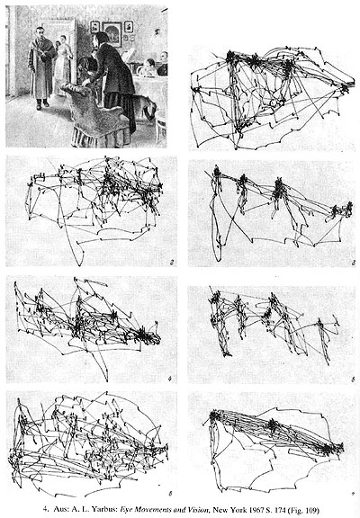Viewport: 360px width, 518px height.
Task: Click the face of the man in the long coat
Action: [40, 33]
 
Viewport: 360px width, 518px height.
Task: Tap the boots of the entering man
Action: [42, 103]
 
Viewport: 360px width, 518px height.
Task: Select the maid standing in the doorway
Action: [62, 62]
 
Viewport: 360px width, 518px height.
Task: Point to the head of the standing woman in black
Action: [102, 39]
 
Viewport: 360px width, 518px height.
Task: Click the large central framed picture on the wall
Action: [112, 33]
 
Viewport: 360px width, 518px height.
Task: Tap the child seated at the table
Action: [149, 67]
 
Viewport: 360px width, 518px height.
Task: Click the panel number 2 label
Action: [172, 263]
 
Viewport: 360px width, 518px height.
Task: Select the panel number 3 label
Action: [354, 263]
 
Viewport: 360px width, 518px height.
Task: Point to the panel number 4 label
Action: [169, 379]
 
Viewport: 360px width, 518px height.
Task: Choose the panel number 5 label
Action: [353, 380]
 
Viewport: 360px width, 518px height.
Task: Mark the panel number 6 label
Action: [170, 494]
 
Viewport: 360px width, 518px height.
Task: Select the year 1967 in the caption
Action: [252, 509]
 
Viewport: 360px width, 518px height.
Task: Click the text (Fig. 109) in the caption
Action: [303, 509]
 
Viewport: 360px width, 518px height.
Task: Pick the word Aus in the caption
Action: [59, 509]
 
